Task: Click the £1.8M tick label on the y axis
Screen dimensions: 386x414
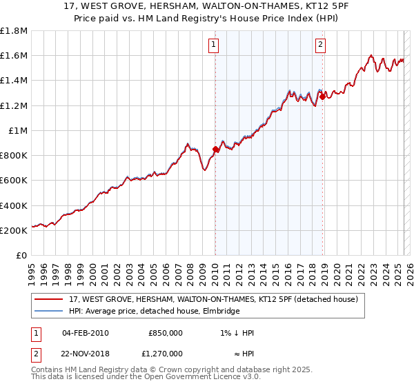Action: [14, 31]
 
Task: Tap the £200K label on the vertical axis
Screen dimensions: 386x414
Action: [14, 231]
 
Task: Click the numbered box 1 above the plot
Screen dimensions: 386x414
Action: [214, 46]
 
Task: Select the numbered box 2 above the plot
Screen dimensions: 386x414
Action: [321, 46]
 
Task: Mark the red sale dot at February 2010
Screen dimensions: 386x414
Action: [215, 149]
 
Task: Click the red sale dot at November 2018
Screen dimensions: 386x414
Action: [322, 96]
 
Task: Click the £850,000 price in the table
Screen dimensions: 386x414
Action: [166, 333]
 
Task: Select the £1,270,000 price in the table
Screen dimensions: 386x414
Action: [166, 354]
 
